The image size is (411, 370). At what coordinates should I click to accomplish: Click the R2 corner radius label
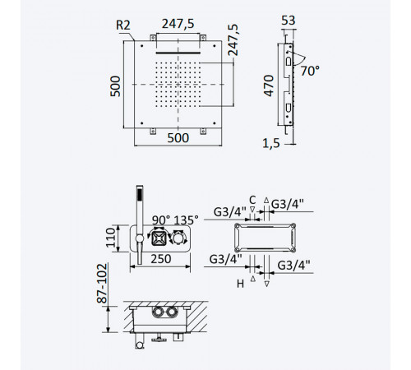pyautogui.click(x=123, y=25)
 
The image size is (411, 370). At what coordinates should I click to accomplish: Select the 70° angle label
pyautogui.click(x=310, y=71)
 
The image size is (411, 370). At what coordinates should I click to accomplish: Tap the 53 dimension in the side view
pyautogui.click(x=289, y=21)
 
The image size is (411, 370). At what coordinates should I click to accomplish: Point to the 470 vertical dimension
pyautogui.click(x=269, y=86)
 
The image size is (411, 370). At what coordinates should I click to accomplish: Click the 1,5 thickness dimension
pyautogui.click(x=271, y=143)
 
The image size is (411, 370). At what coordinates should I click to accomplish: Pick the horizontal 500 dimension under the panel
pyautogui.click(x=178, y=138)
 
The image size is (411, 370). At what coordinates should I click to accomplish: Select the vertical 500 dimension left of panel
pyautogui.click(x=115, y=86)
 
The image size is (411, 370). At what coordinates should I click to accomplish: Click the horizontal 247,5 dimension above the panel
pyautogui.click(x=178, y=24)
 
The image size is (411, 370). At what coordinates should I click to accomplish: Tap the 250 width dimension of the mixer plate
pyautogui.click(x=161, y=259)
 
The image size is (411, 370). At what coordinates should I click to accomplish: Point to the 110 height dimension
pyautogui.click(x=111, y=238)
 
